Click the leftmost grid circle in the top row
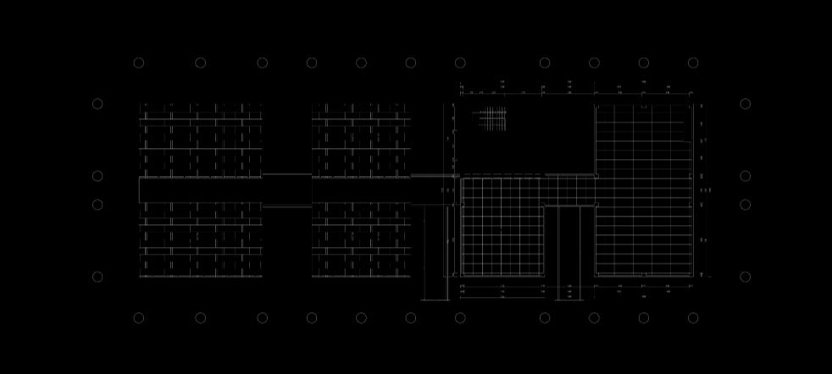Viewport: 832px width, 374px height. [139, 63]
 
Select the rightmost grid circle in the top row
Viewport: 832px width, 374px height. [693, 63]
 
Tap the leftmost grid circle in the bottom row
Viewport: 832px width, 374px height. [139, 318]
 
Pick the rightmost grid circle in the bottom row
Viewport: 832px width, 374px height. [693, 318]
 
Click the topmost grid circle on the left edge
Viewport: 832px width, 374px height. [97, 104]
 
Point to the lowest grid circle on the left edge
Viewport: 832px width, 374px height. [97, 277]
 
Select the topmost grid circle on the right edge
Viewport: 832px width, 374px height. [745, 104]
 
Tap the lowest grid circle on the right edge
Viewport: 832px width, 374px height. [745, 277]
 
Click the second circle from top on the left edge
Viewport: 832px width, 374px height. [97, 176]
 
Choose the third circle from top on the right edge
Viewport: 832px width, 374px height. [745, 205]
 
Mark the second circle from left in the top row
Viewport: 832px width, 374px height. [201, 63]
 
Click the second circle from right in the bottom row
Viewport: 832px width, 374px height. [644, 318]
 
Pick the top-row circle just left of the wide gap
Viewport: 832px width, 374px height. [460, 63]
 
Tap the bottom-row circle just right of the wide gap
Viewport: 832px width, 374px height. [545, 318]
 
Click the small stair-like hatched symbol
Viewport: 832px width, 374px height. [491, 119]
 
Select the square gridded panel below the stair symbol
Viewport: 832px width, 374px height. [502, 226]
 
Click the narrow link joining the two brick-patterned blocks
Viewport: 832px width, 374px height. [286, 190]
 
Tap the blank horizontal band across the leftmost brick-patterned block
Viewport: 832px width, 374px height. [200, 190]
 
